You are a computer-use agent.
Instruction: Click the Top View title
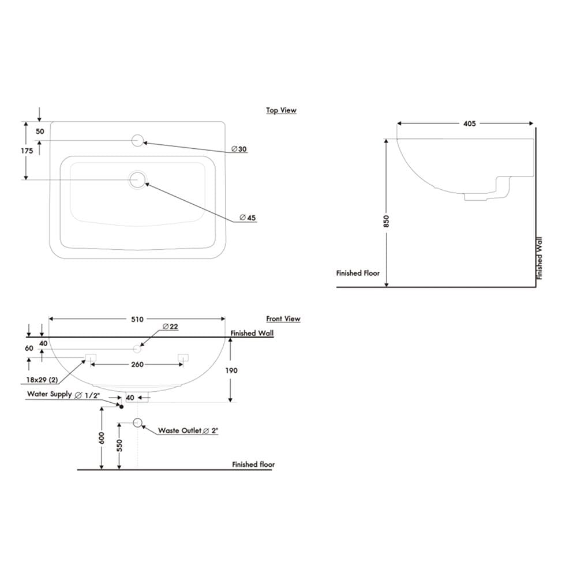click(x=281, y=110)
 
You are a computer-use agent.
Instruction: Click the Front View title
click(x=283, y=319)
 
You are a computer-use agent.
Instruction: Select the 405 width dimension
click(x=469, y=123)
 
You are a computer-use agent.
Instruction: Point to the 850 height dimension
click(x=386, y=221)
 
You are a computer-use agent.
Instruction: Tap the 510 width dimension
click(x=137, y=319)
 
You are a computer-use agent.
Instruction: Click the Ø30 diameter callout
click(x=239, y=149)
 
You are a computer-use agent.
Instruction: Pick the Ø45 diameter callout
click(x=248, y=218)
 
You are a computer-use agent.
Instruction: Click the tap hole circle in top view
click(x=137, y=141)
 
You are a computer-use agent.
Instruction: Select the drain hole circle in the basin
click(x=138, y=179)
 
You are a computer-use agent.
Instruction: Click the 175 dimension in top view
click(x=27, y=151)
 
